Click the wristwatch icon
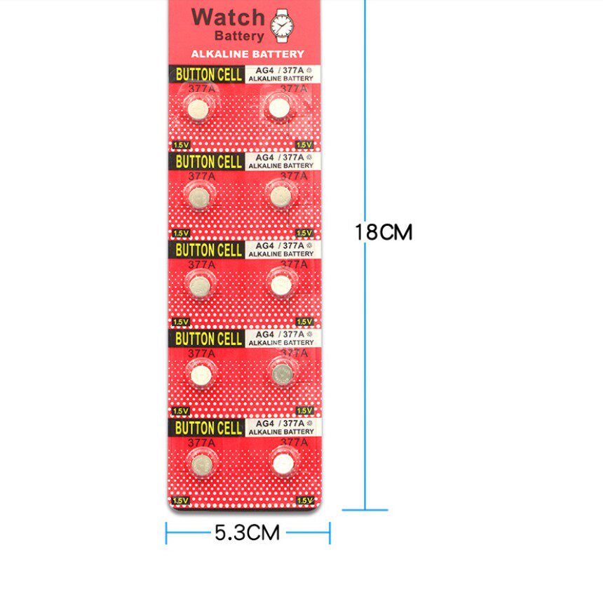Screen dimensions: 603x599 pos(282,25)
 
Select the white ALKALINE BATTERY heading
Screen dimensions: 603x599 pos(247,54)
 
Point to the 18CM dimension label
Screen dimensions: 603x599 pos(383,232)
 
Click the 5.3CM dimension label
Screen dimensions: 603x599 pos(247,533)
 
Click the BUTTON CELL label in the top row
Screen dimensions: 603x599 pos(209,74)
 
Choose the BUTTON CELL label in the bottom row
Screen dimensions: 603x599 pos(209,427)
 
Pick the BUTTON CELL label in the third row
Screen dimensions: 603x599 pos(209,250)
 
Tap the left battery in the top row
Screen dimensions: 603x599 pos(198,109)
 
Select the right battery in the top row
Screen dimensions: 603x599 pos(279,108)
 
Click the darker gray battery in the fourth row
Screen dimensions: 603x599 pos(283,373)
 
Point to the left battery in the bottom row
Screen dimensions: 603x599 pos(201,463)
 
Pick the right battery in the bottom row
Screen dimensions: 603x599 pos(283,463)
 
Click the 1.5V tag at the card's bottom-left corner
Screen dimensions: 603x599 pos(180,500)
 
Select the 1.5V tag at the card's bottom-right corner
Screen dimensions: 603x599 pos(304,500)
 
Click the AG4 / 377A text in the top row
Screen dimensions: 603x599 pos(280,70)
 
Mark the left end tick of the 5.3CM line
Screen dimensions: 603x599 pos(167,533)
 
